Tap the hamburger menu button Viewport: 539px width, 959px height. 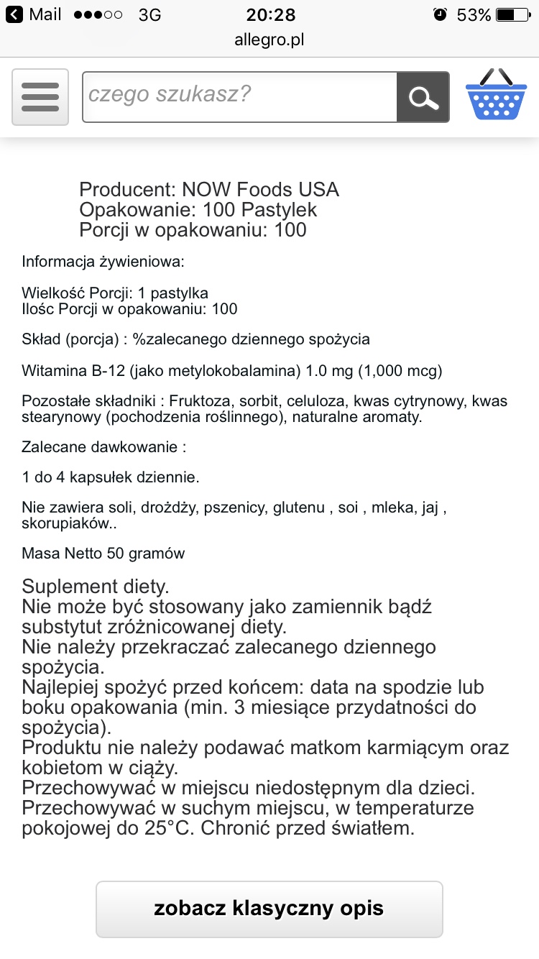point(40,97)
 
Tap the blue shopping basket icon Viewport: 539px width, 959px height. point(497,96)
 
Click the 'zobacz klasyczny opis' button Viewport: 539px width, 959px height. point(269,909)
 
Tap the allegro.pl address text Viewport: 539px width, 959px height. point(269,40)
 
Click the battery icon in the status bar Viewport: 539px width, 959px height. point(515,15)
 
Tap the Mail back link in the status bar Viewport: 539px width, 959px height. point(36,15)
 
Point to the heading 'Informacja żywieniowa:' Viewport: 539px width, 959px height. point(103,262)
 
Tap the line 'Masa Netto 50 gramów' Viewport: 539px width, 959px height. point(103,554)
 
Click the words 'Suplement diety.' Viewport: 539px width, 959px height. point(96,586)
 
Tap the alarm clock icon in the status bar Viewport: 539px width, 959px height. point(440,15)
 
